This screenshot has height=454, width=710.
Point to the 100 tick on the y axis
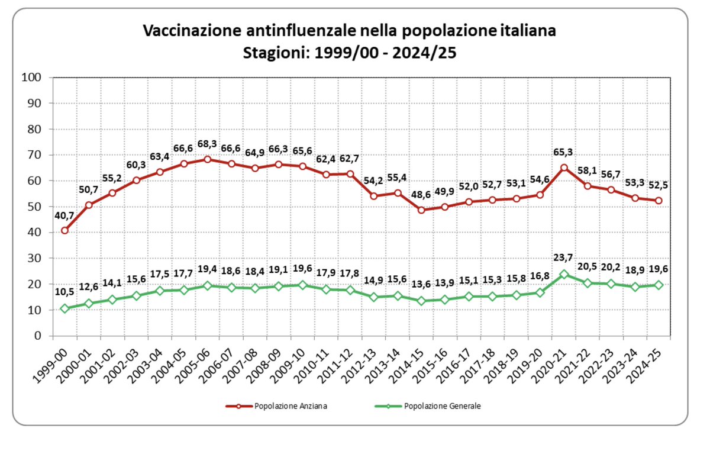click(30, 78)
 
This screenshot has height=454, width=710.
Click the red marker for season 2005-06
click(208, 159)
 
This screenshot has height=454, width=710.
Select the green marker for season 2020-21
click(564, 275)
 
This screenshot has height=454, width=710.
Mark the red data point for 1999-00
click(65, 230)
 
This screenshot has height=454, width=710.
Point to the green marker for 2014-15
click(421, 301)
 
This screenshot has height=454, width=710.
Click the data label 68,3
click(208, 144)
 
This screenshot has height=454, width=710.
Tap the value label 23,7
click(564, 258)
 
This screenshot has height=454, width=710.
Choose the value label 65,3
click(564, 153)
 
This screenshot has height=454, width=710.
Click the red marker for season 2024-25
click(659, 200)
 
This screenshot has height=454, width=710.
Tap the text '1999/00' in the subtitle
click(347, 53)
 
